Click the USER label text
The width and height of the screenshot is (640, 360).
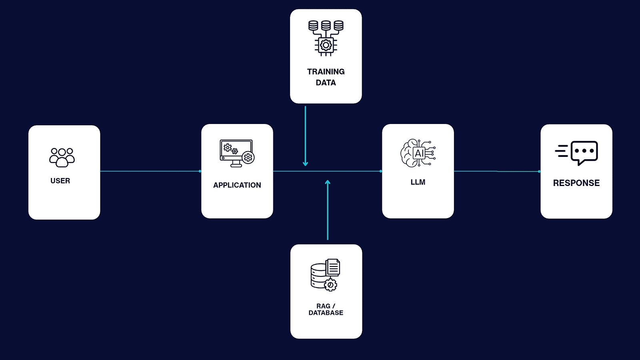[60, 181]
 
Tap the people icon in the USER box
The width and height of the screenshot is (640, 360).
[62, 158]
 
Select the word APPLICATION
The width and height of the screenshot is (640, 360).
[237, 185]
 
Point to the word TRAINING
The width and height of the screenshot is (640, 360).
[326, 72]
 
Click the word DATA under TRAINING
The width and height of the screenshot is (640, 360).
[326, 82]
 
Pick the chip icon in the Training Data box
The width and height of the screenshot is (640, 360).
[326, 38]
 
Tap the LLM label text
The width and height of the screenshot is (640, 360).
[418, 182]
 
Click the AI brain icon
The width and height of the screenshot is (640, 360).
[418, 153]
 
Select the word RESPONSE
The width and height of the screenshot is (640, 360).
[576, 183]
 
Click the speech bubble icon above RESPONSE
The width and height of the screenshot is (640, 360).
[584, 153]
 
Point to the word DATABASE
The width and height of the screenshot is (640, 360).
[326, 313]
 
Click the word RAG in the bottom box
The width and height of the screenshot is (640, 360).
[324, 306]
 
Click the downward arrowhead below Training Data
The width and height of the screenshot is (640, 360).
[306, 164]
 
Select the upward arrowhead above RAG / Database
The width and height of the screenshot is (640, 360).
[328, 182]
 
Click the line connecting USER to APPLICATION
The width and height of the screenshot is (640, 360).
[150, 171]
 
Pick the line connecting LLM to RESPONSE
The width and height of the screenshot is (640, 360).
[496, 172]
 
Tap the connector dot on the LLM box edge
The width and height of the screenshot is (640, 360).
[381, 172]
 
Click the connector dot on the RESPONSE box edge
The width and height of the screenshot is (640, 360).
[539, 172]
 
